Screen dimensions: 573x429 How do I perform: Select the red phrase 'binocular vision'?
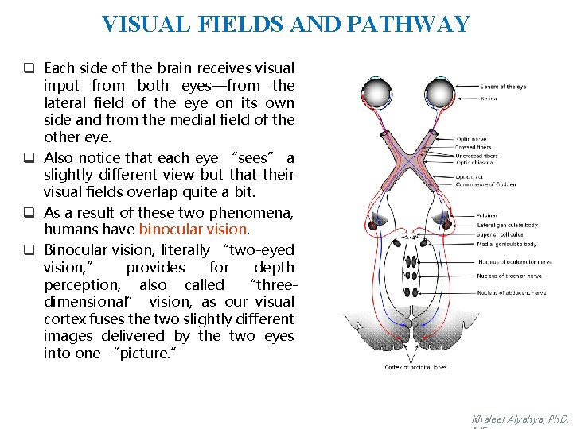tap(193, 229)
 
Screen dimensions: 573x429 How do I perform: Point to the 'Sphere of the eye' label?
tap(503, 86)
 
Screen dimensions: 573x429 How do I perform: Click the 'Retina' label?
tap(489, 99)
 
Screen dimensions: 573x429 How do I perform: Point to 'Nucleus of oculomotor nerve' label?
tap(515, 261)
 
